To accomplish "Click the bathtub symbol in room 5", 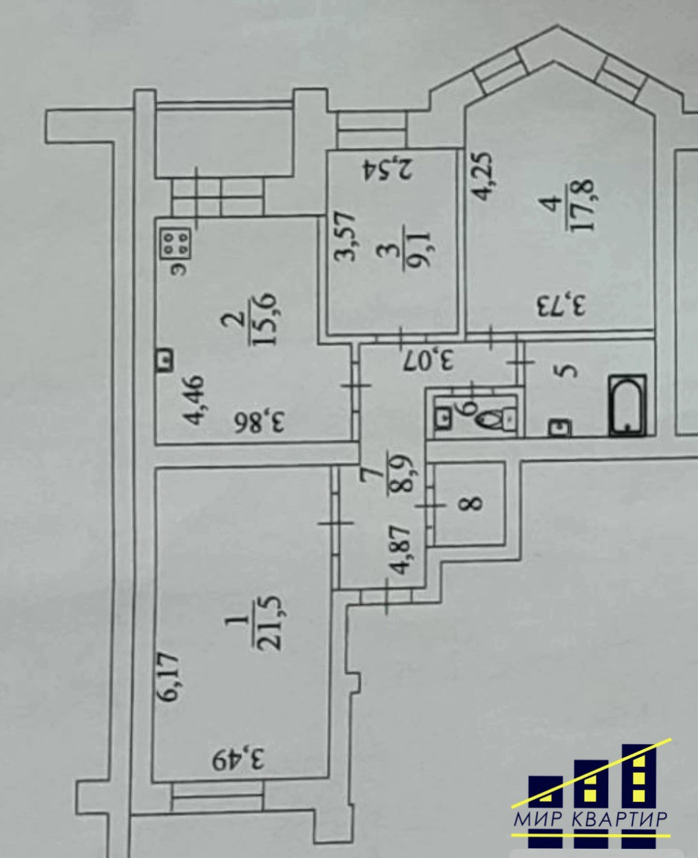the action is click(x=627, y=406).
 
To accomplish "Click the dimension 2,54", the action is click(x=389, y=169).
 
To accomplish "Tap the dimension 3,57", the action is click(x=348, y=236).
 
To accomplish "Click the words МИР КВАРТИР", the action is click(x=590, y=819).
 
